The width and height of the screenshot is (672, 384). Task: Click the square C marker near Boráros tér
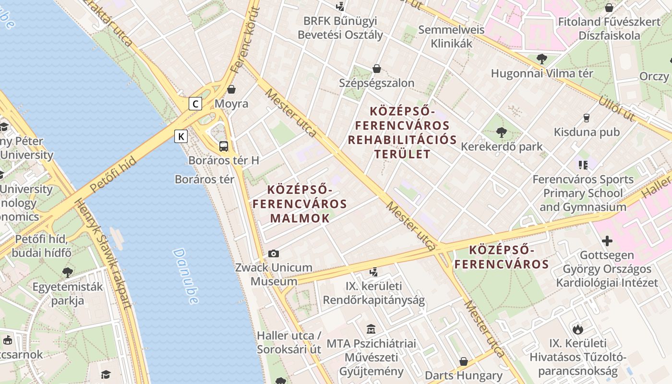tap(195, 103)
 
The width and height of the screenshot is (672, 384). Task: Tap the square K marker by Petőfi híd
tap(181, 136)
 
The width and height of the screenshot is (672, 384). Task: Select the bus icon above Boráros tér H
tap(224, 146)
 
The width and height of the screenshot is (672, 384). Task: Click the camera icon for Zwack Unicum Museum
tap(274, 253)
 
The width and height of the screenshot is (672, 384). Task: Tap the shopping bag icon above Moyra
tap(231, 89)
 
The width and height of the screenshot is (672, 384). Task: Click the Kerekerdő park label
tap(502, 146)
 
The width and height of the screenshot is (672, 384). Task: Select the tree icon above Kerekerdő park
tap(502, 132)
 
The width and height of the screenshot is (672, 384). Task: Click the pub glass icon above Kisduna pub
tap(586, 118)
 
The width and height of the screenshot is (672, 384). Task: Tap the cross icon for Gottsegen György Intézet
tap(607, 240)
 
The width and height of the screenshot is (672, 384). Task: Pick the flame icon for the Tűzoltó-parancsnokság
tap(578, 329)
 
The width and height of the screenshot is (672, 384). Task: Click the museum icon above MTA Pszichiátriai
tap(371, 329)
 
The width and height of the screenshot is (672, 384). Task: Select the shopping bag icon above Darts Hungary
tap(464, 361)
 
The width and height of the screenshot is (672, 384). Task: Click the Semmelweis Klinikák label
tap(445, 36)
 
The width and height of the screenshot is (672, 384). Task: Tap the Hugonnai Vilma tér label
tap(542, 73)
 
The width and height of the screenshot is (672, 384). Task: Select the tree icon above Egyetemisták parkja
tap(68, 273)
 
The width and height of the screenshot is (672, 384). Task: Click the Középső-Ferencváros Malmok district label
tap(300, 204)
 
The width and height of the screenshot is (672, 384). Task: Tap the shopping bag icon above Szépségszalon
tap(377, 69)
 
